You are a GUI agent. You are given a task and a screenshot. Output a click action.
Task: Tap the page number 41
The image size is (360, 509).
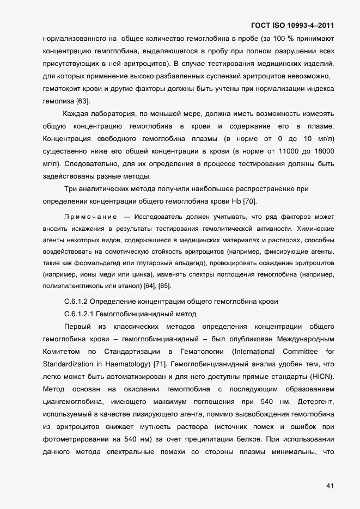330,486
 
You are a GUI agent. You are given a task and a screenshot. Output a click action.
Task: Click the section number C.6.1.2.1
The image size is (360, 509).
80,314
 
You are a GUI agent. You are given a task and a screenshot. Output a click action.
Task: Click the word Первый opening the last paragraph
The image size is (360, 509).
77,326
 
